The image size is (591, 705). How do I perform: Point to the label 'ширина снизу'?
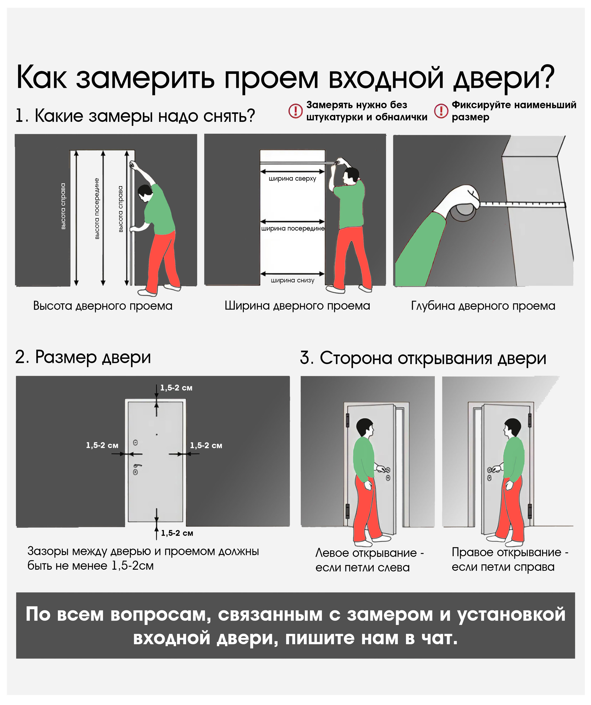pos(293,280)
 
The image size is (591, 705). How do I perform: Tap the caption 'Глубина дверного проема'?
pos(483,306)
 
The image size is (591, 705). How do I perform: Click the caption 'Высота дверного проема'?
pos(103,306)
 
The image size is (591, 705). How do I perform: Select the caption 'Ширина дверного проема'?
pos(297,306)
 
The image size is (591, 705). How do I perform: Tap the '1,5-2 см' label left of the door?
pos(102,445)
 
